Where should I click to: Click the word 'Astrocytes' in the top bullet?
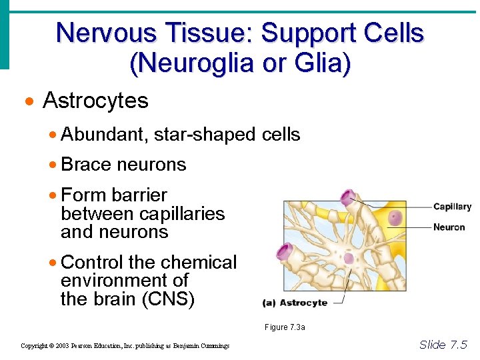(95, 101)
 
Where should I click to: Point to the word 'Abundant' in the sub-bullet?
(103, 135)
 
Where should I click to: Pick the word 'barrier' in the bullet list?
(139, 195)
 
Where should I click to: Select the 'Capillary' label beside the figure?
(452, 207)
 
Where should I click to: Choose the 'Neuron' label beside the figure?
(449, 227)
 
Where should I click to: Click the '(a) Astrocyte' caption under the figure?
(295, 303)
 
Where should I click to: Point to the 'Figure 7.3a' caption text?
(285, 327)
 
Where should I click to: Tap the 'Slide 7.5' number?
(443, 345)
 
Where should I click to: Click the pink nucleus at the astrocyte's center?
(349, 258)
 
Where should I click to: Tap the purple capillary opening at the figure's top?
(347, 197)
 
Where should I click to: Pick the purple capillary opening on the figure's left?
(285, 252)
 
